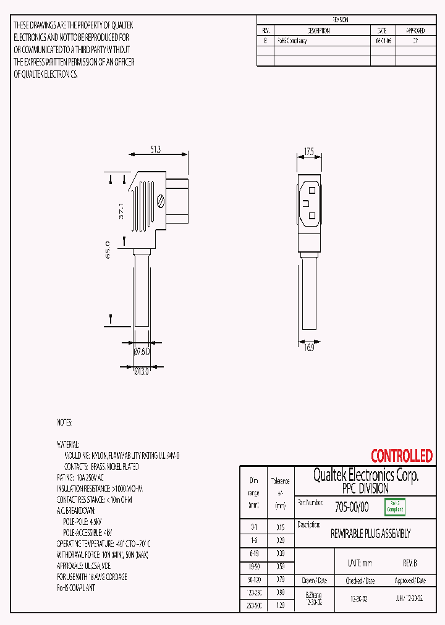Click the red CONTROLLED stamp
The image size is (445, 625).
pyautogui.click(x=401, y=456)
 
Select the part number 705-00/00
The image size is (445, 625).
pyautogui.click(x=351, y=507)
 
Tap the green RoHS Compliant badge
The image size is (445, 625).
pyautogui.click(x=395, y=507)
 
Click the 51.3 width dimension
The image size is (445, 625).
pyautogui.click(x=156, y=149)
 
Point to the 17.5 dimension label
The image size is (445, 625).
pyautogui.click(x=310, y=151)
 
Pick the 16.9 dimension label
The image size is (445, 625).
pyautogui.click(x=309, y=348)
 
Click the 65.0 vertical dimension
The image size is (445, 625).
pyautogui.click(x=108, y=250)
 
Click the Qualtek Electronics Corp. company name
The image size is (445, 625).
pyautogui.click(x=365, y=475)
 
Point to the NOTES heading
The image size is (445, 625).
pyautogui.click(x=64, y=422)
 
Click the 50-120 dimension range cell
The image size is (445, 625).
pyautogui.click(x=253, y=580)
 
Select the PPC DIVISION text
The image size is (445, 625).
pyautogui.click(x=365, y=489)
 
